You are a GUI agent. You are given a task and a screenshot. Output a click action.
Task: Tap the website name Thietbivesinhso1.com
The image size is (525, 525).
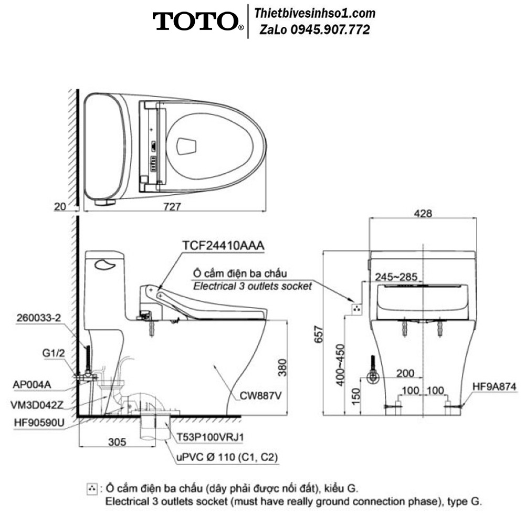(x=314, y=14)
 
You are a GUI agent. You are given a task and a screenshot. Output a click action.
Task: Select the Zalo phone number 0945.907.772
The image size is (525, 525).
(x=330, y=30)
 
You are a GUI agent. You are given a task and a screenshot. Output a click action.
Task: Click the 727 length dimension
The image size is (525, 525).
(x=172, y=206)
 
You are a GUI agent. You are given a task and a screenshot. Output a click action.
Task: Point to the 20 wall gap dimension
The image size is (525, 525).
(x=60, y=206)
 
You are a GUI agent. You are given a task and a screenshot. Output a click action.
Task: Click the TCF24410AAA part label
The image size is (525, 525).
(x=223, y=245)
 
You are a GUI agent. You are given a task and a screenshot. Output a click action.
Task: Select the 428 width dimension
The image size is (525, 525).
(x=423, y=213)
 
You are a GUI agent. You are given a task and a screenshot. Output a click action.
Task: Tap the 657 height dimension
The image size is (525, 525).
(x=319, y=334)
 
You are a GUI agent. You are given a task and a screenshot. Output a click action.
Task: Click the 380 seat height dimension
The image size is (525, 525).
(x=282, y=367)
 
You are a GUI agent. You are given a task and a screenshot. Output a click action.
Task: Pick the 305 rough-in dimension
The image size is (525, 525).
(x=117, y=442)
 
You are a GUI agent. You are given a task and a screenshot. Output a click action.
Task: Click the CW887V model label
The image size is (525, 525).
(x=260, y=396)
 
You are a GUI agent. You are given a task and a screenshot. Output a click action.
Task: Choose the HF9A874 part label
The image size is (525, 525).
(x=494, y=386)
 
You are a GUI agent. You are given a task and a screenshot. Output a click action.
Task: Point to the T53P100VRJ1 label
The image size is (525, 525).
(x=211, y=437)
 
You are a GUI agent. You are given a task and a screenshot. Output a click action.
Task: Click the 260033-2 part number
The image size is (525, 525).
(x=39, y=318)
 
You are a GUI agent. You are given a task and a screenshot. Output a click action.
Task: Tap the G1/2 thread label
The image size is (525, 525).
(x=54, y=353)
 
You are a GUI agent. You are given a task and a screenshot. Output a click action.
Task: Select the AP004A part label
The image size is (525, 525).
(x=32, y=384)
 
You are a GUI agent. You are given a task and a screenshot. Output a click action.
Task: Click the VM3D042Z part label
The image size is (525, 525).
(x=37, y=405)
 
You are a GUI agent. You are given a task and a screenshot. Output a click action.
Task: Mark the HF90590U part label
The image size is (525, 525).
(x=39, y=423)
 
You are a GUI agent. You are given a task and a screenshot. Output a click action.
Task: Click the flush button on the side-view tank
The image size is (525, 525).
(x=105, y=265)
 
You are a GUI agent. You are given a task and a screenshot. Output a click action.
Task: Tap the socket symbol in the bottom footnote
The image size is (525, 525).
(x=91, y=489)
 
